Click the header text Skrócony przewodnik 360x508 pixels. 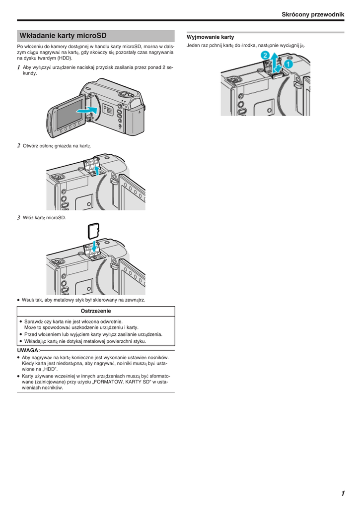click(313, 15)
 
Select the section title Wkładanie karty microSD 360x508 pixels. click(63, 36)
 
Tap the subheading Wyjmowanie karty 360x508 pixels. click(210, 37)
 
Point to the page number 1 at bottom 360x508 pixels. click(343, 493)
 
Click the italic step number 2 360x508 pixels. click(19, 145)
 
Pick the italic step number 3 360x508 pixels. click(19, 217)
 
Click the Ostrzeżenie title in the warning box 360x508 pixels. click(96, 311)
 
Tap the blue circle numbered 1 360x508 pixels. click(288, 64)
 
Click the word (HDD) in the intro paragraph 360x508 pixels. click(65, 58)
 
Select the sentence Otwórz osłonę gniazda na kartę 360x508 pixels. click(57, 146)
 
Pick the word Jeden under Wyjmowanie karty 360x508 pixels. click(194, 46)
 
